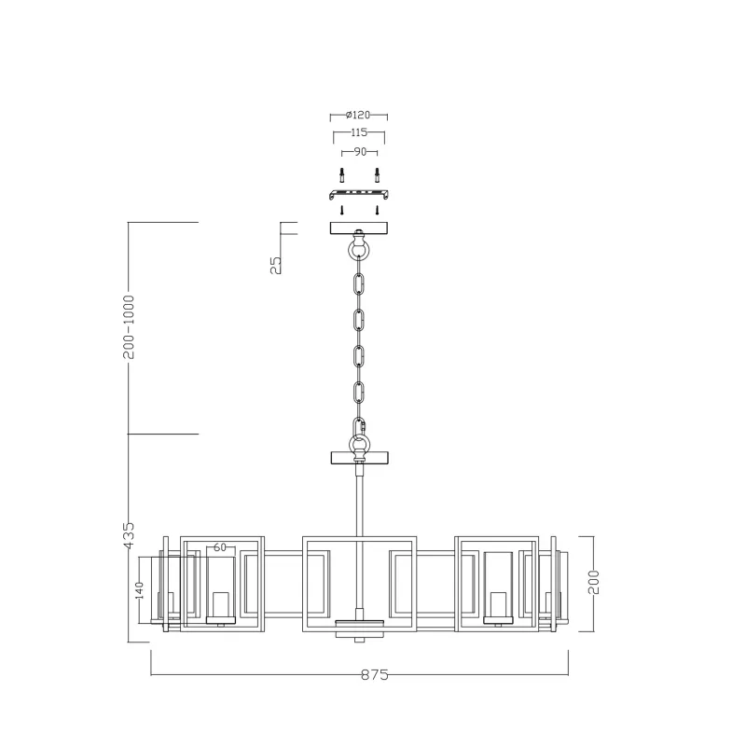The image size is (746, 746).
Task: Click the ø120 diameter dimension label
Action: coord(358,115)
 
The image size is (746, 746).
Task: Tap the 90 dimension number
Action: coord(359,151)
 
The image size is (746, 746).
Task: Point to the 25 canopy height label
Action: coord(274,265)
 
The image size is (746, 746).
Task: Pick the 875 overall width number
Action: coord(373,674)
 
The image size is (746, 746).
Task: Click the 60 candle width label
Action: coord(220,548)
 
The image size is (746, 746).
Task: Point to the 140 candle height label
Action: coord(139,590)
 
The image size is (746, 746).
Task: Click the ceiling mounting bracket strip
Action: coord(359,194)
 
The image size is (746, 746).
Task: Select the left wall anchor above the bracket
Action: coord(342,175)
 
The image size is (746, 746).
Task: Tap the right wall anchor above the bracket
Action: coord(377,175)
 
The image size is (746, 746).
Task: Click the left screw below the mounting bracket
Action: coord(342,210)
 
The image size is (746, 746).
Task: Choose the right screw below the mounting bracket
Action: coord(377,210)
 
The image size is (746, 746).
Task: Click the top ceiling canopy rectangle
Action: coord(359,228)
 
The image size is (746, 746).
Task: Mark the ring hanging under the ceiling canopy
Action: coord(359,250)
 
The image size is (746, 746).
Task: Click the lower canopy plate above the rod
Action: coord(359,458)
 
